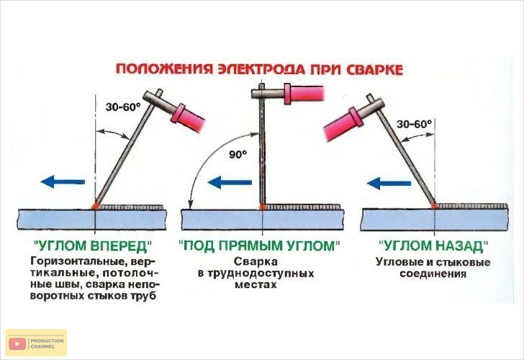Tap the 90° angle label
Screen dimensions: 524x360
tap(238, 154)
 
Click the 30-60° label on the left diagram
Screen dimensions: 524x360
tap(123, 107)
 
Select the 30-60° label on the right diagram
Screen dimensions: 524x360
tap(414, 125)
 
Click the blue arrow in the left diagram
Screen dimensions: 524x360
tap(63, 181)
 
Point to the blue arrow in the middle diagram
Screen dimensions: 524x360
tap(230, 182)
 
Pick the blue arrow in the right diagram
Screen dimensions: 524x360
tap(389, 183)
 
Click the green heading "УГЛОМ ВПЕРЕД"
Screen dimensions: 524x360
tap(93, 246)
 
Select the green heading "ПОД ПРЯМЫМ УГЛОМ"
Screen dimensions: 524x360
tap(259, 246)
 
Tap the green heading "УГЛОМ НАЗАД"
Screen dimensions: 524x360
tap(433, 246)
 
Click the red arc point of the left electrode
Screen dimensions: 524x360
tap(96, 206)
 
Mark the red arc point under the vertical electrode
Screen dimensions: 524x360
tap(263, 207)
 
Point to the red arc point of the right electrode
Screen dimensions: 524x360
tap(434, 206)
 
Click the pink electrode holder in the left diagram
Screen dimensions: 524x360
tap(187, 117)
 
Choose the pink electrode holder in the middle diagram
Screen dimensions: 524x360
tap(304, 94)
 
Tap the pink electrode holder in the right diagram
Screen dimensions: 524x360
tap(344, 125)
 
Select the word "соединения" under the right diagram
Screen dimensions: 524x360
tap(433, 274)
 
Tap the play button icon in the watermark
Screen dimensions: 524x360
tap(17, 343)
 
